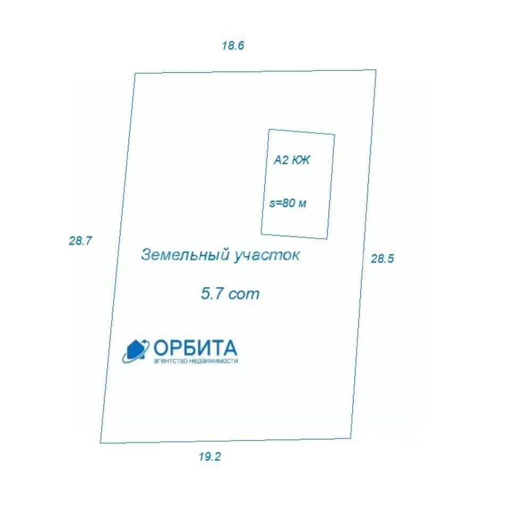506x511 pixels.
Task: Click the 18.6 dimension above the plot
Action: pos(233,45)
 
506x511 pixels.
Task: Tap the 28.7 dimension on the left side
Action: pos(80,241)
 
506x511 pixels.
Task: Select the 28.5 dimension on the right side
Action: pos(382,259)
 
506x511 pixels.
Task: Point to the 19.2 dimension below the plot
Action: pos(210,456)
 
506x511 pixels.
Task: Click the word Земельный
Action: pos(185,255)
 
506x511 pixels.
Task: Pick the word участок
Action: pos(267,256)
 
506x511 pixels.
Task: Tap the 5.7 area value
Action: pos(210,293)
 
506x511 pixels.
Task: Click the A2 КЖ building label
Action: pos(291,160)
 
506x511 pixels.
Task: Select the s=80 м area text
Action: pos(289,203)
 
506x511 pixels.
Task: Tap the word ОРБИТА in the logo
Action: pos(195,348)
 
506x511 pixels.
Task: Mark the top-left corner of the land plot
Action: pos(134,74)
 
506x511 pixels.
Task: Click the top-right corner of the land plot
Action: pos(376,70)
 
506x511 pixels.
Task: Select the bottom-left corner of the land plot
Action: pos(101,442)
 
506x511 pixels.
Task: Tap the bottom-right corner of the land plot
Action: pos(351,438)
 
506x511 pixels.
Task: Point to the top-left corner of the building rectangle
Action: pos(269,129)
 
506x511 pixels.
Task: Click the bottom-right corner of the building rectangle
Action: pos(326,238)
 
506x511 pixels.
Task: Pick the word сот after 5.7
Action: pos(244,294)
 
